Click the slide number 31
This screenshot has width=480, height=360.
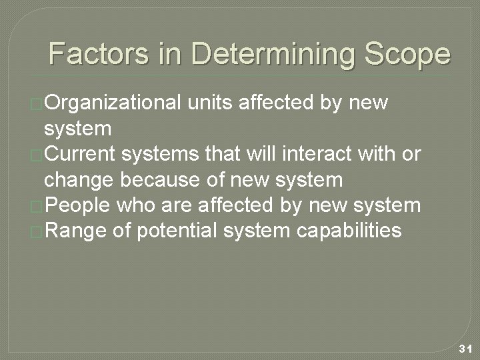click(465, 349)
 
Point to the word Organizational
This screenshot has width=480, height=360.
click(113, 103)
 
